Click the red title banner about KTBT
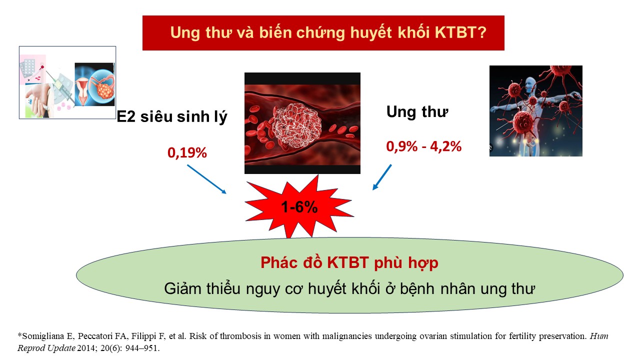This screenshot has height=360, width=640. [x=323, y=33]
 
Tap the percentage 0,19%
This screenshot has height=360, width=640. [x=187, y=153]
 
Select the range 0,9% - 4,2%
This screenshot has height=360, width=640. [x=423, y=146]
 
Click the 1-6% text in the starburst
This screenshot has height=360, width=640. [x=299, y=207]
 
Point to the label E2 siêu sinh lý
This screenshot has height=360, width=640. [x=172, y=116]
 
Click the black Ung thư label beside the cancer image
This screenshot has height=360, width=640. [x=417, y=111]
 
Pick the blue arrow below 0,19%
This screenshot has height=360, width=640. [x=206, y=179]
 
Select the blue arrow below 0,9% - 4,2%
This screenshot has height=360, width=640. [x=382, y=177]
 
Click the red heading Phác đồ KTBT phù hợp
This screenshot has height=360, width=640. [x=349, y=262]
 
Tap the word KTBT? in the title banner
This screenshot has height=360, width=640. [x=460, y=32]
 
